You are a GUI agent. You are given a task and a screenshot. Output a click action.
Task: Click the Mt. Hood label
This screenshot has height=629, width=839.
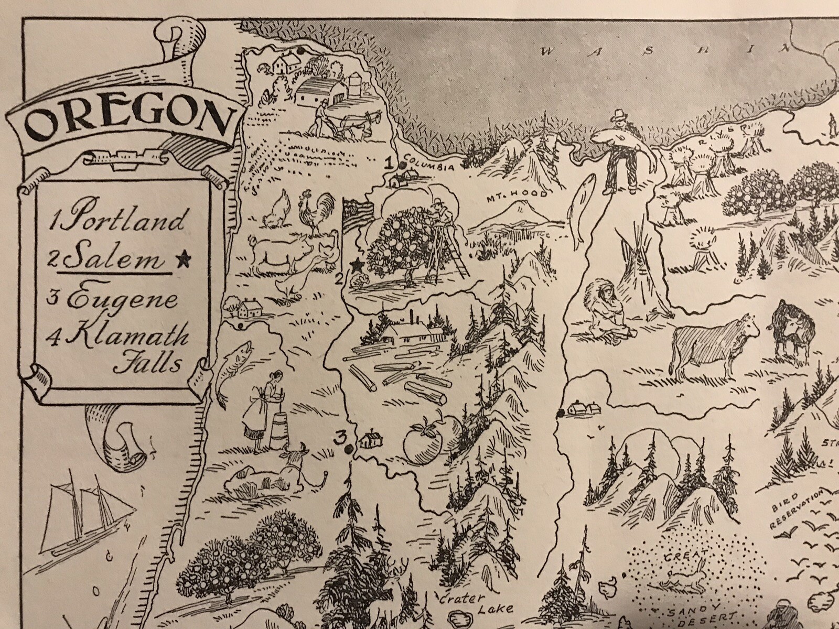(x=516, y=194)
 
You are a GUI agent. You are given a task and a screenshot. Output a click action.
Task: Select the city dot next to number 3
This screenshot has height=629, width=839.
(x=349, y=449)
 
